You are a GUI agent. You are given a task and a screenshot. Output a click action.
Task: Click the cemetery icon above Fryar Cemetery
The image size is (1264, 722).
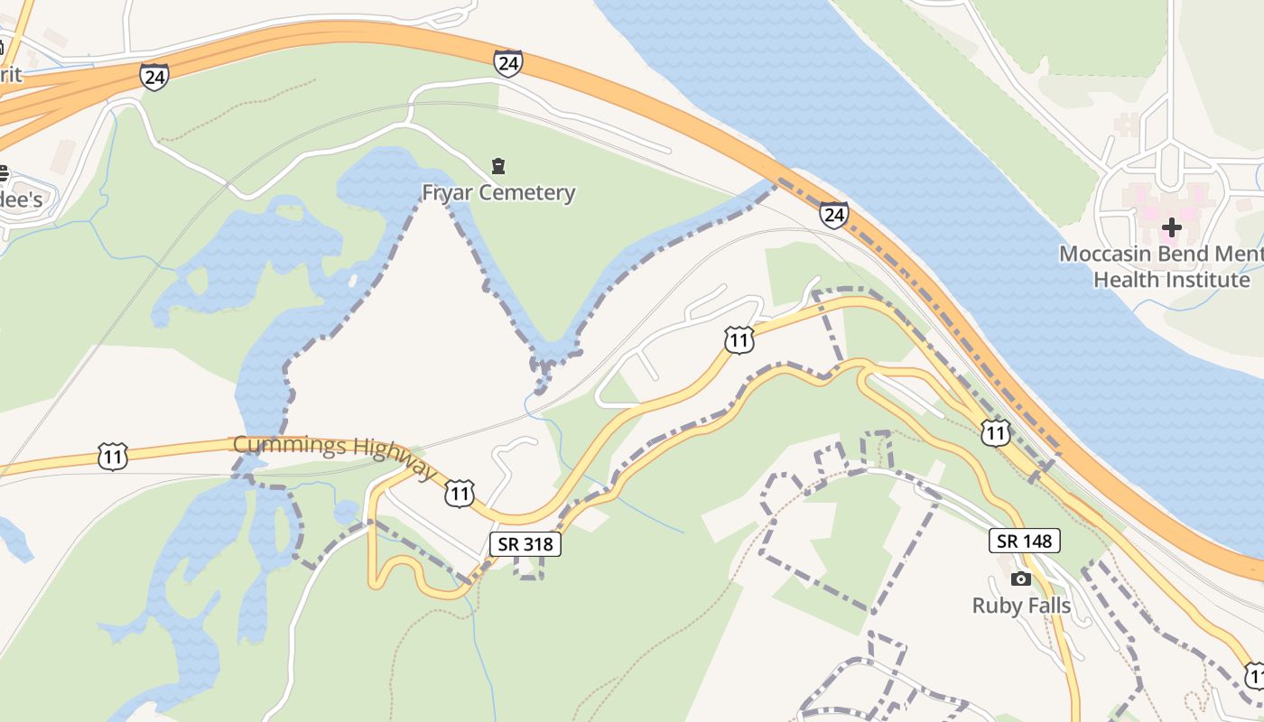498,166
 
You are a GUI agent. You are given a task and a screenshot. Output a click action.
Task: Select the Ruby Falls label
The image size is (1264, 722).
1021,605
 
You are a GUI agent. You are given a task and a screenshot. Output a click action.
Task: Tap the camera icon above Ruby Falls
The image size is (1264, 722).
1021,579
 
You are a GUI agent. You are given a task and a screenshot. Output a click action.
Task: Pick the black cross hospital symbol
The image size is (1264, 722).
1171,227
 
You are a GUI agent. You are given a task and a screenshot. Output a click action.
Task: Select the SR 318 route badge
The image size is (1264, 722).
525,544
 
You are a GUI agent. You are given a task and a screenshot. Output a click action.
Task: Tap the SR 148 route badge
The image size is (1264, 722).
1024,541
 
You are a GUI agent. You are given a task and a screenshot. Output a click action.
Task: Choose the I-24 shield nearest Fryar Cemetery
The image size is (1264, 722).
507,63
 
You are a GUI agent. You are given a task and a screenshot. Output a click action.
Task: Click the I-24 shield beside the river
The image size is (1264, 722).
833,215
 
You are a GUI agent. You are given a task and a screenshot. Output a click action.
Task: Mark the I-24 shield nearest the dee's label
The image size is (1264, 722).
154,77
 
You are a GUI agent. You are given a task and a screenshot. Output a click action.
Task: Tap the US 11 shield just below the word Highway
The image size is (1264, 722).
460,494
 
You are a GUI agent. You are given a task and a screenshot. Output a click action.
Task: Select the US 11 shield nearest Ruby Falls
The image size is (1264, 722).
995,433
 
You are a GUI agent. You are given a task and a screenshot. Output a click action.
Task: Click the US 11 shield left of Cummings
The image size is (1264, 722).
113,457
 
